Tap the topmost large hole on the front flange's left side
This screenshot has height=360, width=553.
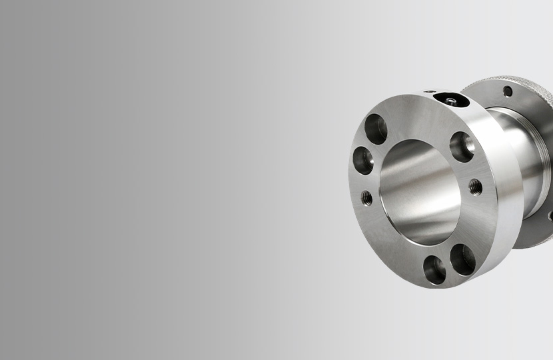click(x=376, y=129)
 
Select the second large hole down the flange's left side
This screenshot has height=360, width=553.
click(x=363, y=161)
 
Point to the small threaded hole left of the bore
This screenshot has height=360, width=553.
click(x=366, y=197)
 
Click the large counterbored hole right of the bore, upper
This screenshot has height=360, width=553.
click(x=462, y=146)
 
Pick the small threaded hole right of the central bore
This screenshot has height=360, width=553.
click(x=475, y=187)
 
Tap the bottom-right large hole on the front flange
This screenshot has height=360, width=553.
click(x=462, y=259)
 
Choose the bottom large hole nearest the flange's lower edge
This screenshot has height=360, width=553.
click(x=434, y=269)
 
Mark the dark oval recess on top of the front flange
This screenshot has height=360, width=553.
click(x=448, y=100)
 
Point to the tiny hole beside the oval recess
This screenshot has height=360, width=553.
click(x=430, y=93)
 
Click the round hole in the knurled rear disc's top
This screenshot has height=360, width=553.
click(x=508, y=91)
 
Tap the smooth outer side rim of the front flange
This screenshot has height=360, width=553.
click(x=510, y=200)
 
